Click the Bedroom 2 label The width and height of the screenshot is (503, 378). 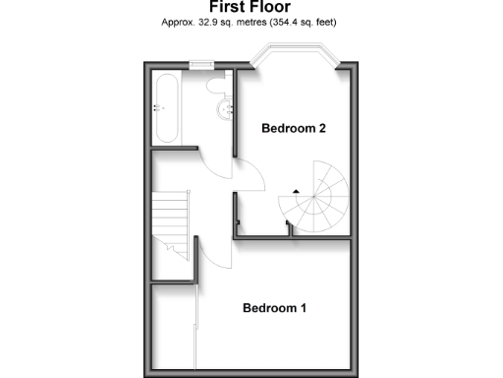tap(292, 129)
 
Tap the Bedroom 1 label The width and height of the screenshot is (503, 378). tap(275, 308)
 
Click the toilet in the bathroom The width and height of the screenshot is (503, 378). tap(217, 86)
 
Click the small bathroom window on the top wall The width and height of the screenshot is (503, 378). tap(203, 66)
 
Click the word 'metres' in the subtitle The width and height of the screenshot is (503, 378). tap(254, 22)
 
